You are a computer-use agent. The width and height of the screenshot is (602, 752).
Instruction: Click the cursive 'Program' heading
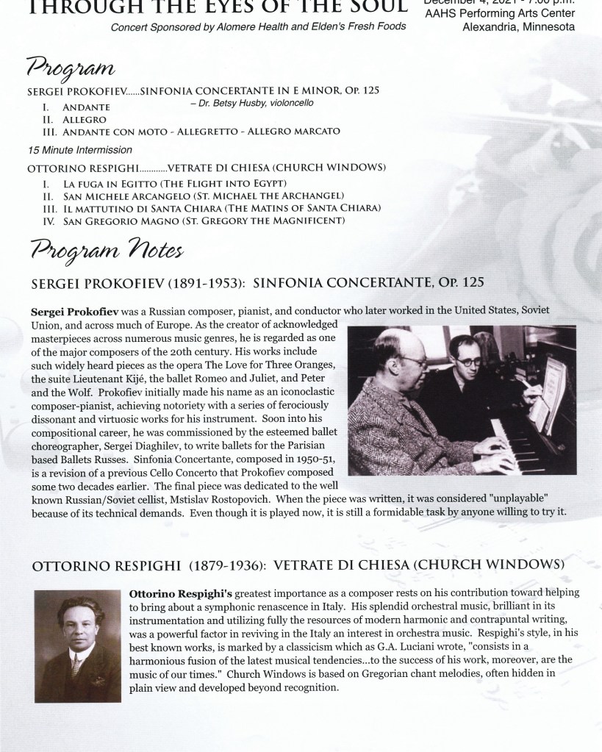point(71,70)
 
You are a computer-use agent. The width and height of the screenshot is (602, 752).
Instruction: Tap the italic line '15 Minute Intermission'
point(70,150)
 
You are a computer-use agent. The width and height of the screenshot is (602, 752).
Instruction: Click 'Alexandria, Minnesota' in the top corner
point(518,28)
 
